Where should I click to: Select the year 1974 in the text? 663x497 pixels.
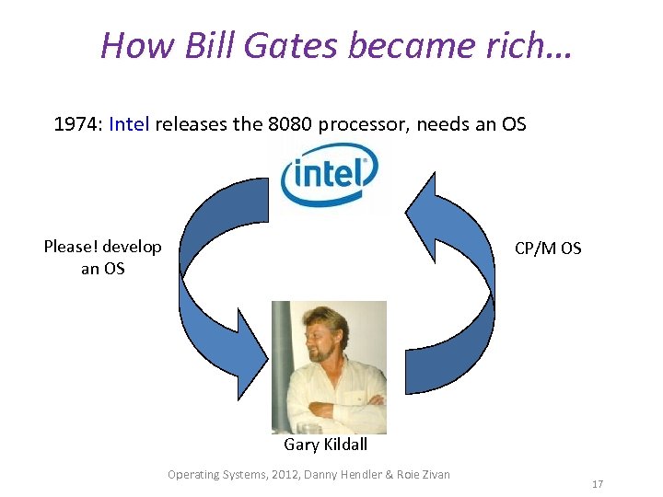pos(76,123)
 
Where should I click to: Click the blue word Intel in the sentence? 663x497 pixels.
pos(129,123)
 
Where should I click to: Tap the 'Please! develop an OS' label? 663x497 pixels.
pos(102,258)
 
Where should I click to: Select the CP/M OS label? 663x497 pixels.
pos(548,248)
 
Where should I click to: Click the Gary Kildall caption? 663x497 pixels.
pos(325,445)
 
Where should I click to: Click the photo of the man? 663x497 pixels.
pos(329,366)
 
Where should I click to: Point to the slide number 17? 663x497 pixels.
pos(598,483)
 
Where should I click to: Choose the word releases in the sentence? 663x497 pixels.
pos(190,123)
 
